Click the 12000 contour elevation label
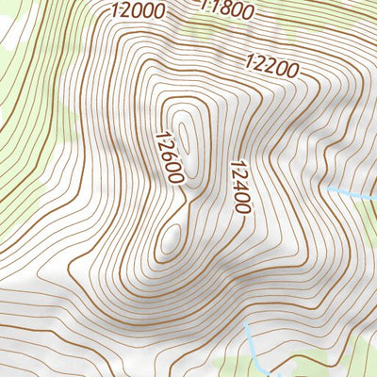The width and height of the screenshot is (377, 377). tap(138, 11)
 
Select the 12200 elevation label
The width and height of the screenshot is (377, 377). tap(271, 67)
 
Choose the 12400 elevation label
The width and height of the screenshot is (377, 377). tap(238, 187)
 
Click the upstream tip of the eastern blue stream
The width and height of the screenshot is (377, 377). tap(329, 189)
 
